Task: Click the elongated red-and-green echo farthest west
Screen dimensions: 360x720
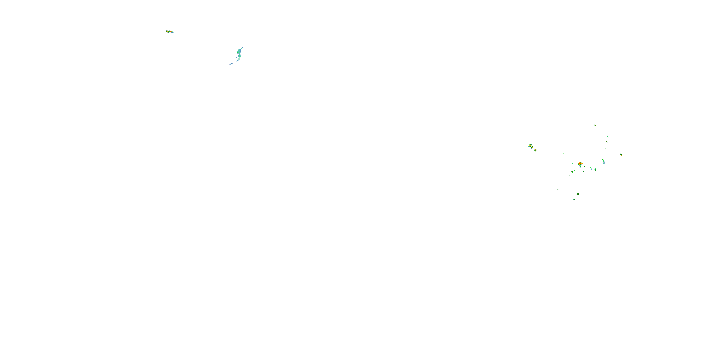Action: tap(169, 32)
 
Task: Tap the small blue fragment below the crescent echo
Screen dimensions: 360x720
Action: tap(231, 64)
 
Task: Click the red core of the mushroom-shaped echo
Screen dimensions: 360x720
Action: tap(580, 163)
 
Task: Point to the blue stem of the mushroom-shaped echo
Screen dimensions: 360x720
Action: tap(580, 166)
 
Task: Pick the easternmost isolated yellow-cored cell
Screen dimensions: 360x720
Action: tap(621, 155)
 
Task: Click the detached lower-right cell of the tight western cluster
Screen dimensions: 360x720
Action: tap(535, 150)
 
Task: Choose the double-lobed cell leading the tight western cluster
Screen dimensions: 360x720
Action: tap(530, 146)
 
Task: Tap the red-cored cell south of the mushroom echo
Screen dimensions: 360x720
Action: tap(578, 194)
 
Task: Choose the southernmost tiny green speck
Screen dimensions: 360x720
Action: tap(574, 199)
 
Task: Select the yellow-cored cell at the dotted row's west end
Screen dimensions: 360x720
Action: tap(572, 172)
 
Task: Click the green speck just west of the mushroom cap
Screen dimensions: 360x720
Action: tap(572, 163)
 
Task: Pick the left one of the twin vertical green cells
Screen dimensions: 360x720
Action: tap(591, 168)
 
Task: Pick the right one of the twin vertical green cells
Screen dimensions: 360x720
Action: tap(595, 169)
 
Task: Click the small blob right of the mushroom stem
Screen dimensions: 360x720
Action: tap(584, 167)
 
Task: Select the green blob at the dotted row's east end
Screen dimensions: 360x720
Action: tap(584, 171)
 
